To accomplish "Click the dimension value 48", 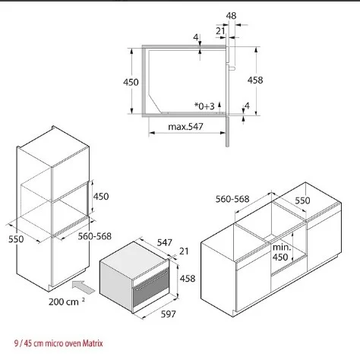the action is (x=231, y=16).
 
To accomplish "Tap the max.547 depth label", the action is (x=185, y=126).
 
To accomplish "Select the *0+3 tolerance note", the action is (x=204, y=106).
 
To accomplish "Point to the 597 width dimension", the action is (x=168, y=314).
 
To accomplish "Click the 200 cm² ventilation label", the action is (x=67, y=301).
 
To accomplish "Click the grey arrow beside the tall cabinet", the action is (x=83, y=287).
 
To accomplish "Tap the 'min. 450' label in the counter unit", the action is (x=281, y=252).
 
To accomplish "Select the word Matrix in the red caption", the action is (x=93, y=343).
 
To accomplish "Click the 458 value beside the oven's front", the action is (x=188, y=279).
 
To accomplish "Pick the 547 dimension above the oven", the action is (x=165, y=242).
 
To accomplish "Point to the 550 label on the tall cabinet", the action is (x=16, y=239).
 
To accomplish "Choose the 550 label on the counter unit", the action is (x=302, y=200).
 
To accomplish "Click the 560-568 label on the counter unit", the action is (x=232, y=199).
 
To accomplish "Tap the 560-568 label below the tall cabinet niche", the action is (x=95, y=236).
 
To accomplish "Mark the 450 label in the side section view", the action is (x=131, y=82).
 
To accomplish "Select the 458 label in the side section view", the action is (x=255, y=80).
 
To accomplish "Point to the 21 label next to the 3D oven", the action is (x=184, y=251).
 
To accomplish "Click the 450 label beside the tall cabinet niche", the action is (x=101, y=196).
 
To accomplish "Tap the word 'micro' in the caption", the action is (x=54, y=343).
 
